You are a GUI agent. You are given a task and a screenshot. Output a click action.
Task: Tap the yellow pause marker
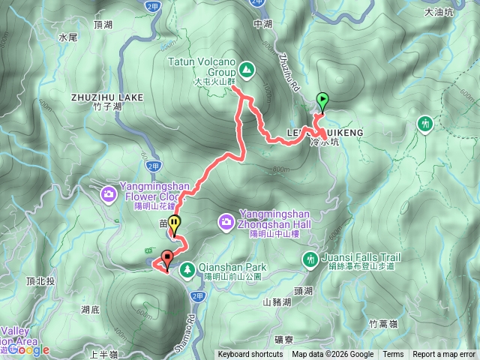(174, 223)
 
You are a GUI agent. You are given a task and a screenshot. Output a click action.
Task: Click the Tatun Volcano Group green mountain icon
(247, 71)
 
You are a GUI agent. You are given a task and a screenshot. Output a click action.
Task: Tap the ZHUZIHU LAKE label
(107, 97)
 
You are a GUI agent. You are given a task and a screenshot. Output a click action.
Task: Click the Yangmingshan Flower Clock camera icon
(108, 196)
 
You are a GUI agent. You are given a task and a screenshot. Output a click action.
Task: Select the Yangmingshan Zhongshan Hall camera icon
(226, 222)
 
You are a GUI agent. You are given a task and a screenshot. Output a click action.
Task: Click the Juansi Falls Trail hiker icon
(310, 259)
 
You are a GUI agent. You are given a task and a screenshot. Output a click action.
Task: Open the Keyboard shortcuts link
(250, 355)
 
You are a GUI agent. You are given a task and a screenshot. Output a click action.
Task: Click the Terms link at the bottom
(393, 355)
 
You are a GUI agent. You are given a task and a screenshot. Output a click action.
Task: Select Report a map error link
(443, 355)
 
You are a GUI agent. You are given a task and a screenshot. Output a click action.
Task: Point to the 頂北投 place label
(40, 281)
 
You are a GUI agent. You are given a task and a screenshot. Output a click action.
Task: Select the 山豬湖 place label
(277, 302)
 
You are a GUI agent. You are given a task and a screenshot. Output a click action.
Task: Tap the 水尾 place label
(67, 36)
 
